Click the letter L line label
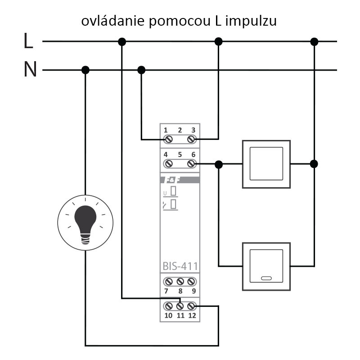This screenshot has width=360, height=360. tap(28, 41)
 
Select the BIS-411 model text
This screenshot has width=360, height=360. tap(180, 265)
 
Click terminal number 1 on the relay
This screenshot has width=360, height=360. tap(166, 130)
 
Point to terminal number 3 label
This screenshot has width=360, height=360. tap(193, 130)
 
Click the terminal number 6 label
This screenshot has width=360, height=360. tap(193, 154)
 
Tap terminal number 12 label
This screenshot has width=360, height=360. tap(192, 315)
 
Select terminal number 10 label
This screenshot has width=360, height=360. tap(168, 315)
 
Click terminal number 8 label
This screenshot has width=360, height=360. tap(180, 291)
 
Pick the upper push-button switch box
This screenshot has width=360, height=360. tap(266, 164)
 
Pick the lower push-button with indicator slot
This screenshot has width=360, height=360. tap(266, 266)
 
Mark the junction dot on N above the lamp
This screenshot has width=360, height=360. tap(85, 70)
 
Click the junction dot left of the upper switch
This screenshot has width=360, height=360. tap(219, 164)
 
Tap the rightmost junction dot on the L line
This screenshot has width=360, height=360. tap(315, 41)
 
